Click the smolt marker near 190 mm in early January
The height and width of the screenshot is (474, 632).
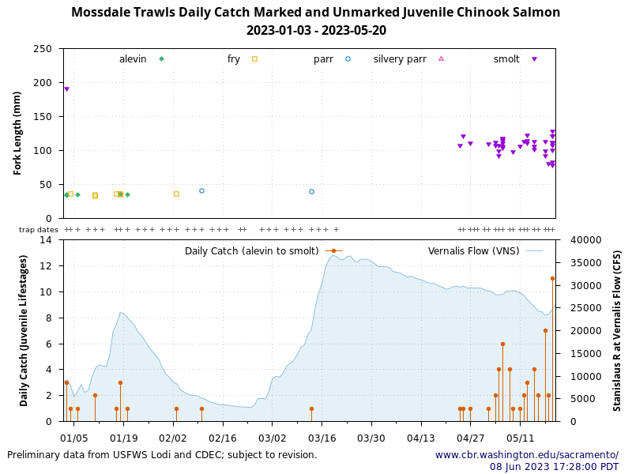click(x=66, y=89)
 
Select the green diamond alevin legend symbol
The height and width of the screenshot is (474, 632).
click(x=161, y=59)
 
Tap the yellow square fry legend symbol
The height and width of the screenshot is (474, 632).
click(x=254, y=59)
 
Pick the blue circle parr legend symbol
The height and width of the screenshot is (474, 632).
click(x=348, y=59)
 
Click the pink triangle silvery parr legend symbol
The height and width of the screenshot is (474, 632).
click(x=441, y=59)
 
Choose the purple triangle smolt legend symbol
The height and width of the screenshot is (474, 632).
click(x=534, y=59)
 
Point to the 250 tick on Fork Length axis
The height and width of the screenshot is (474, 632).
click(x=48, y=49)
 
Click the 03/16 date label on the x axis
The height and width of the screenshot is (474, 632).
click(x=322, y=437)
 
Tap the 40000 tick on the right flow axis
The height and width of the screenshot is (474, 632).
click(x=585, y=240)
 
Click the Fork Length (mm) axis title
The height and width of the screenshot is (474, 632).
click(x=17, y=133)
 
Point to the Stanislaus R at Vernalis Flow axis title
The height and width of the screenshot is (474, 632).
click(x=617, y=330)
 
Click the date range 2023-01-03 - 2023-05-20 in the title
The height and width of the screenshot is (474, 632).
click(x=316, y=31)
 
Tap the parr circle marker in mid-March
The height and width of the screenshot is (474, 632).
click(x=311, y=191)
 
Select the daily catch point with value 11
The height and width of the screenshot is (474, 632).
click(x=552, y=278)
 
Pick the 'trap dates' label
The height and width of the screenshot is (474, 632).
click(x=39, y=230)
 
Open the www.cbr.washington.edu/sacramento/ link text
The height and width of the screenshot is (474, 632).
click(x=526, y=455)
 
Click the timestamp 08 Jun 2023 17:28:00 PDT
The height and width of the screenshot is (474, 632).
click(x=554, y=467)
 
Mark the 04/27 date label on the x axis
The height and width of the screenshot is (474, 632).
click(x=470, y=437)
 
